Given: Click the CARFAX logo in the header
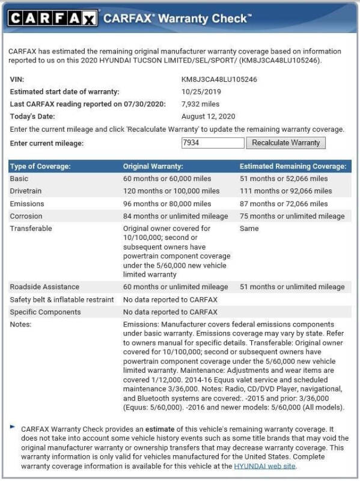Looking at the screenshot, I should coord(53,19).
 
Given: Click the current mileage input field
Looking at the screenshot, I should coord(213,143).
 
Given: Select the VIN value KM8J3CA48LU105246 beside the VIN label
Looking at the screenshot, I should coord(219,79).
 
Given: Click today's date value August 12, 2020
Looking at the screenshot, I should coord(208,116).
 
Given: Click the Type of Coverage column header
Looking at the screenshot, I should coord(40,166).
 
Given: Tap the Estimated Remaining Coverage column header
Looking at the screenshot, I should coord(293,166).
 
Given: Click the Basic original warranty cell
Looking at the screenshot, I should coord(171,179).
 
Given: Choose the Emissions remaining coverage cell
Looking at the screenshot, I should coord(285,204).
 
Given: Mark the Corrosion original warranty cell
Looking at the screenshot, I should coord(175,216).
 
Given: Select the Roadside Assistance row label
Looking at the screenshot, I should coord(44,287).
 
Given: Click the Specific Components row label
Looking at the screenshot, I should coord(45,312).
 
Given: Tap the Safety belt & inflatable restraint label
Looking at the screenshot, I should coord(62,299).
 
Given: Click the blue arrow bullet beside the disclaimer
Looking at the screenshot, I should coord(13,427).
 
